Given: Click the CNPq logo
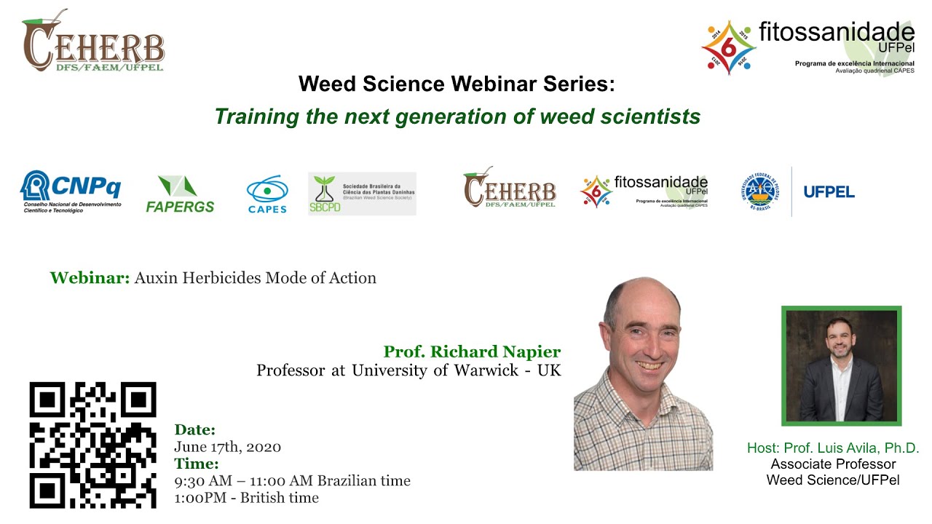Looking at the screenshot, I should (71, 191).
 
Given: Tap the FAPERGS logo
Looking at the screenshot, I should (179, 194).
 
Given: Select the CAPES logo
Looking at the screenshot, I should (267, 194).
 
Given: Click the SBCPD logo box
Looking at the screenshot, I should (362, 194).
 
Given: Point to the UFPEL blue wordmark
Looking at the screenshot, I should (829, 192).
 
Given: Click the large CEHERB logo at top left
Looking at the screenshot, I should (93, 44).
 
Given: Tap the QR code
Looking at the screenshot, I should (93, 445).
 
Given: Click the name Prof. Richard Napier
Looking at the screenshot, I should (472, 352).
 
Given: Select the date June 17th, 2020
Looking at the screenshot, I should (227, 447).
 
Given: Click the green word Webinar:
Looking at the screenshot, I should (90, 278).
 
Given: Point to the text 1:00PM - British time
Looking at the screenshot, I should (246, 498).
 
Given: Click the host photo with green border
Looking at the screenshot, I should (841, 365).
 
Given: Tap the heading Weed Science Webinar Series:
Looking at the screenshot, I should (457, 84).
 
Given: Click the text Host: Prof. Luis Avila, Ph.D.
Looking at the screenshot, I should (833, 448).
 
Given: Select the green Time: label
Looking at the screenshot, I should (196, 464).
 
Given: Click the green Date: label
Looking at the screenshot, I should (194, 430).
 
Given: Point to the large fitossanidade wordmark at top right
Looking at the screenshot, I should (836, 33).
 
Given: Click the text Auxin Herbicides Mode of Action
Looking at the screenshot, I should (255, 278).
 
